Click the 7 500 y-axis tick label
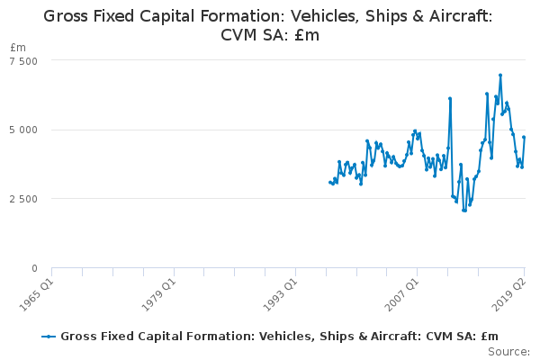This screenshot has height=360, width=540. pyautogui.click(x=23, y=61)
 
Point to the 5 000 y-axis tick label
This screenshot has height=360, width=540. pyautogui.click(x=23, y=130)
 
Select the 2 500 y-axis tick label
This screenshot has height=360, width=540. pyautogui.click(x=23, y=199)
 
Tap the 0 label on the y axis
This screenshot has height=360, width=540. pyautogui.click(x=34, y=268)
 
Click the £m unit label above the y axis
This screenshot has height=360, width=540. pyautogui.click(x=18, y=48)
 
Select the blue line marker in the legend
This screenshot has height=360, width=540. pyautogui.click(x=49, y=337)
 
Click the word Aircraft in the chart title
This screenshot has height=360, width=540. pyautogui.click(x=461, y=16)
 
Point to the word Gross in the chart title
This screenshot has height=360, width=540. pyautogui.click(x=66, y=16)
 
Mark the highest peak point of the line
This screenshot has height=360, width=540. pyautogui.click(x=500, y=75)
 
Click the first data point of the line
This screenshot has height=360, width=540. pyautogui.click(x=330, y=182)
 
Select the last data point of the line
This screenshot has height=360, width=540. pyautogui.click(x=524, y=137)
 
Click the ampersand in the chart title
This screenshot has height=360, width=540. pyautogui.click(x=418, y=16)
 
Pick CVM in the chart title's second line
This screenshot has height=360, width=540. pyautogui.click(x=238, y=35)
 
